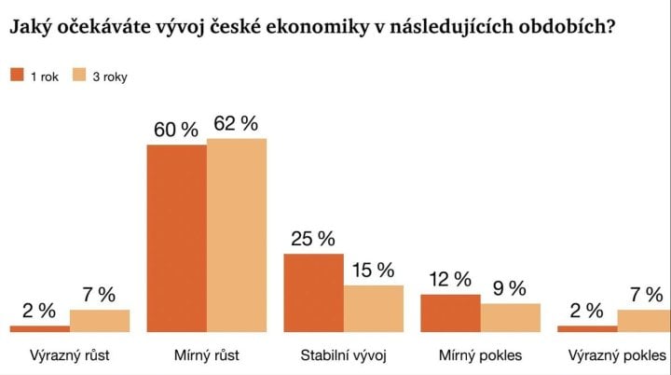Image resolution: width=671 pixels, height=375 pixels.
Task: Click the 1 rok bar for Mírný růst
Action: (177, 238)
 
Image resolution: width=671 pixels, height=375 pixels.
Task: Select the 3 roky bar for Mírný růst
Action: (237, 235)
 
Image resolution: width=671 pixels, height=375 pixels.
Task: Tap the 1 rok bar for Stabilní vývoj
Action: (313, 292)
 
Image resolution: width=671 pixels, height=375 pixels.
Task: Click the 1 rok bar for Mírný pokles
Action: (450, 312)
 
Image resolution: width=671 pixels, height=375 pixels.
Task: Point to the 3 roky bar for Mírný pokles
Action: (510, 317)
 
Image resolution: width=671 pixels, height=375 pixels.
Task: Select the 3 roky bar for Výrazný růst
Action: (100, 320)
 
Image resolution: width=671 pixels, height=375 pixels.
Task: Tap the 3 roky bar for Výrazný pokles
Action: (645, 320)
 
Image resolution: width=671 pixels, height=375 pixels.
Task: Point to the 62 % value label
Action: (237, 123)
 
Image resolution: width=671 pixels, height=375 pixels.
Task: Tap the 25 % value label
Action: (313, 238)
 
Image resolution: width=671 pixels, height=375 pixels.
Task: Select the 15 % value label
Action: (373, 271)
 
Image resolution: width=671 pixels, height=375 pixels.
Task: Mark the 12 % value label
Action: (450, 280)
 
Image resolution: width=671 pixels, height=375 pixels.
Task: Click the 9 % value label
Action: (510, 288)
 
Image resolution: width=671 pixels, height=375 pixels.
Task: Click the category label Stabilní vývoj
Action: (343, 355)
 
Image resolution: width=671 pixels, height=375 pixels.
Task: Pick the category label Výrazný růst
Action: (70, 355)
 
